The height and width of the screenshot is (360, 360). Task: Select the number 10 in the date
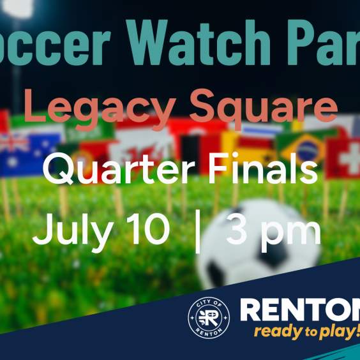pyautogui.click(x=146, y=231)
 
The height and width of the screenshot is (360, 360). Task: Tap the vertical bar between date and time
pyautogui.click(x=197, y=232)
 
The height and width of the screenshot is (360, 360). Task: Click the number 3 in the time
pyautogui.click(x=237, y=232)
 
